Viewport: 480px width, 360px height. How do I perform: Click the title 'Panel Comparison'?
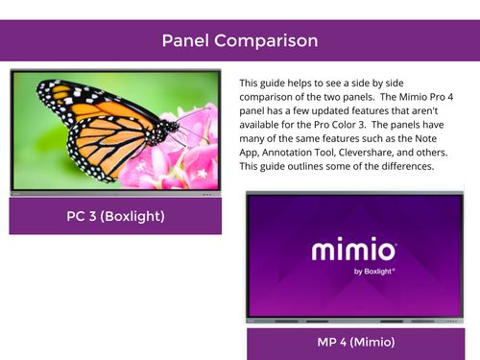pyautogui.click(x=239, y=41)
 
